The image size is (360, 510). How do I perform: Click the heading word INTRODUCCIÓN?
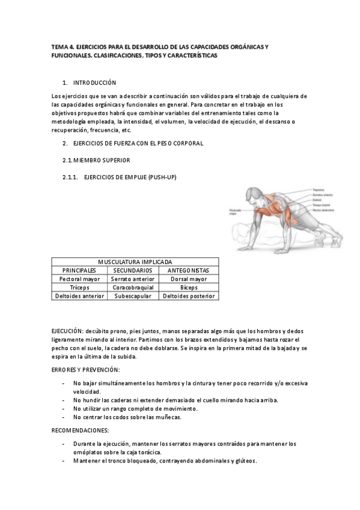(x=94, y=82)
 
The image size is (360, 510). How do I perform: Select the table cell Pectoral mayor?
(x=79, y=279)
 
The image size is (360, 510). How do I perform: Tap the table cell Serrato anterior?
(x=133, y=279)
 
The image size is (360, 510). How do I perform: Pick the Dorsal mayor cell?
(x=189, y=279)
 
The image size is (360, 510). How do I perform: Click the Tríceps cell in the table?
(x=79, y=287)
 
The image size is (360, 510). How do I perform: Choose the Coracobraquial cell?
(x=133, y=287)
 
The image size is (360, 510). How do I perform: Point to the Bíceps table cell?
(x=189, y=287)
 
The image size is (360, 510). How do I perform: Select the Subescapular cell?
(x=133, y=296)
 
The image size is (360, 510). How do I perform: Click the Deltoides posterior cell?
(x=189, y=296)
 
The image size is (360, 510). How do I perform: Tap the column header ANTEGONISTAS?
(x=189, y=271)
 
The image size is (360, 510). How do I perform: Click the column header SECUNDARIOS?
(x=133, y=271)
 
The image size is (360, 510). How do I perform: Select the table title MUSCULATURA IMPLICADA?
(x=135, y=262)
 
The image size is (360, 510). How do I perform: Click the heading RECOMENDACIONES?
(x=81, y=431)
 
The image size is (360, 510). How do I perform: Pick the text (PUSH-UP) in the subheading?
(x=160, y=177)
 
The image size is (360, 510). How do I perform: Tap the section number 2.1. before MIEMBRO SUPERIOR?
(x=67, y=160)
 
